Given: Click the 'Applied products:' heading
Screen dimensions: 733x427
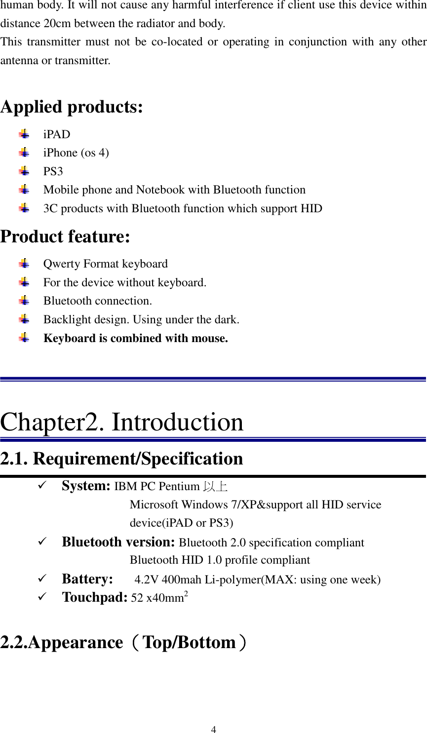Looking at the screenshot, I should pos(72,107).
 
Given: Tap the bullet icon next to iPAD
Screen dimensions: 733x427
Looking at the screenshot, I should pos(24,134).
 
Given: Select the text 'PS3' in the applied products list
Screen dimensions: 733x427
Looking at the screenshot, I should pos(53,171).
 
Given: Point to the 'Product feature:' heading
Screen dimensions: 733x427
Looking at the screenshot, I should pos(65,237).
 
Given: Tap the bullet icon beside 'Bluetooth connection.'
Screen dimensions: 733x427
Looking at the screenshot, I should pos(24,300).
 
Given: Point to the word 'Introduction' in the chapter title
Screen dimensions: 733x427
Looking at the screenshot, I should pos(177,423).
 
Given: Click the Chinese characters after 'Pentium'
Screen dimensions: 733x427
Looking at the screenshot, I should pos(215,487).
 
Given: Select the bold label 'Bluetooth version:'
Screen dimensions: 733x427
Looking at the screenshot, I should pos(118,542).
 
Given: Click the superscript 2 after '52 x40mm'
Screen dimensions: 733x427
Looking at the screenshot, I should pos(186,594).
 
